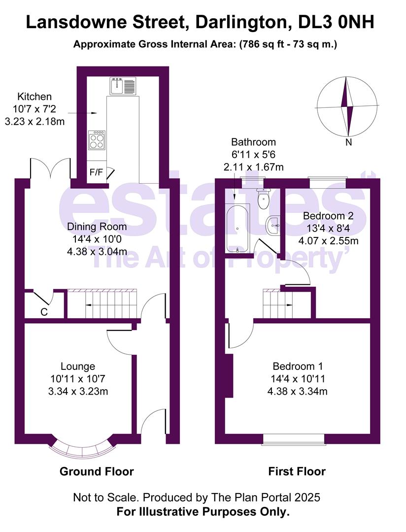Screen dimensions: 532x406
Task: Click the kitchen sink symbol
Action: tap(122, 86)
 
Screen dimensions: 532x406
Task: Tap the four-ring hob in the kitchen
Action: tap(97, 140)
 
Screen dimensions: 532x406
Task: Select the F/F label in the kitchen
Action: tap(96, 172)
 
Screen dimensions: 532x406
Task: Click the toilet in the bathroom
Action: tap(264, 199)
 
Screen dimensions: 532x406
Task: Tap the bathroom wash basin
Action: tap(273, 226)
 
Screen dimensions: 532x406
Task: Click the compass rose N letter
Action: tap(349, 143)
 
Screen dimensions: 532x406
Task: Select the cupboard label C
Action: tap(44, 311)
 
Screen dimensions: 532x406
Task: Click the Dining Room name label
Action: tap(97, 227)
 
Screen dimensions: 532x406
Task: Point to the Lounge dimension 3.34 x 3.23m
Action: tap(78, 392)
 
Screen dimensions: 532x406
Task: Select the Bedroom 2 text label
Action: tap(328, 216)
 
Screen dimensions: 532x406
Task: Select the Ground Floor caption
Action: tap(97, 471)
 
